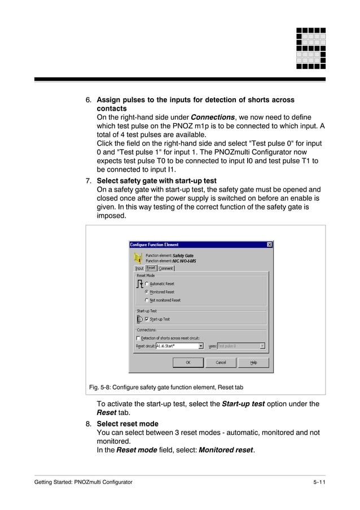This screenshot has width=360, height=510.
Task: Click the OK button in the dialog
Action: (x=188, y=363)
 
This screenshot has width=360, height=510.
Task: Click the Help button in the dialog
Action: (x=253, y=363)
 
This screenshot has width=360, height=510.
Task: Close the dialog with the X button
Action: (x=269, y=245)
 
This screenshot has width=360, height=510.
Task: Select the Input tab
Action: (x=139, y=268)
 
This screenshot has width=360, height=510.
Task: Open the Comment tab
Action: (x=166, y=268)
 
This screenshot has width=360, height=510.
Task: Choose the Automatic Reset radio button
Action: (x=147, y=284)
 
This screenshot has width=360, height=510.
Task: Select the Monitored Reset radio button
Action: (x=147, y=292)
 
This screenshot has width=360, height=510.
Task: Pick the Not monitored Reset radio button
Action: (x=147, y=300)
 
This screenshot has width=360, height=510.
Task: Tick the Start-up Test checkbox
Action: (x=147, y=319)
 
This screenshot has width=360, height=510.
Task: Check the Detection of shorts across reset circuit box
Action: (x=138, y=338)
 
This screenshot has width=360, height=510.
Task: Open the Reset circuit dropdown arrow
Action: (x=201, y=346)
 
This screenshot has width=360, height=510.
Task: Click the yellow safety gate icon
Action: (x=138, y=258)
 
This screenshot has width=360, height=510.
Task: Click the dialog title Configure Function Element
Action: (x=154, y=245)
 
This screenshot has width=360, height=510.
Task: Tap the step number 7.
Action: (x=88, y=181)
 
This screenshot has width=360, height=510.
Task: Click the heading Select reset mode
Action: (x=128, y=424)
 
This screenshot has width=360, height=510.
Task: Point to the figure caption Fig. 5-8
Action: (x=166, y=387)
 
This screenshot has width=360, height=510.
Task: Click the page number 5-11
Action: (x=319, y=482)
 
